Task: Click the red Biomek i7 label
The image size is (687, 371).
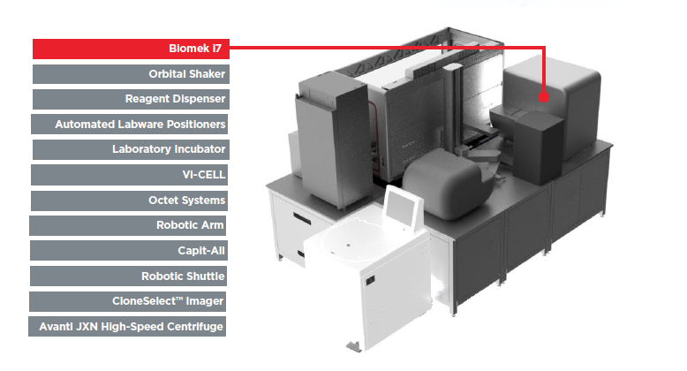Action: (x=131, y=49)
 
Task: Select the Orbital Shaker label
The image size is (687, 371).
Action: (x=131, y=74)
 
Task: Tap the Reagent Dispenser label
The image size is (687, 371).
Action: (x=131, y=99)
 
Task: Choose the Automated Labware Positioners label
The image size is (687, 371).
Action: (x=129, y=124)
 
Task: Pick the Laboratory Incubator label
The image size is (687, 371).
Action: (x=131, y=149)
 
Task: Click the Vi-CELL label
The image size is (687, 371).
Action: (x=129, y=175)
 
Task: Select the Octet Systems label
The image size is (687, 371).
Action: (x=129, y=201)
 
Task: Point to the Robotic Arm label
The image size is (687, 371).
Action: (x=127, y=225)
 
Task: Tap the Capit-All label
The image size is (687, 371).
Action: (x=128, y=250)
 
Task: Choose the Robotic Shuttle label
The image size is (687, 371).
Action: (x=128, y=276)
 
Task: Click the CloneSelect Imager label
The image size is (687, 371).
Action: (x=127, y=301)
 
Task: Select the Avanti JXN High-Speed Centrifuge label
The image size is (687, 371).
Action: (x=127, y=326)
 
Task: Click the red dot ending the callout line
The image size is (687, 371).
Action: (x=544, y=96)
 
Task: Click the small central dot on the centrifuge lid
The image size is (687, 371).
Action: (x=347, y=245)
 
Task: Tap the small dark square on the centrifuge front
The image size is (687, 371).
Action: (x=370, y=280)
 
